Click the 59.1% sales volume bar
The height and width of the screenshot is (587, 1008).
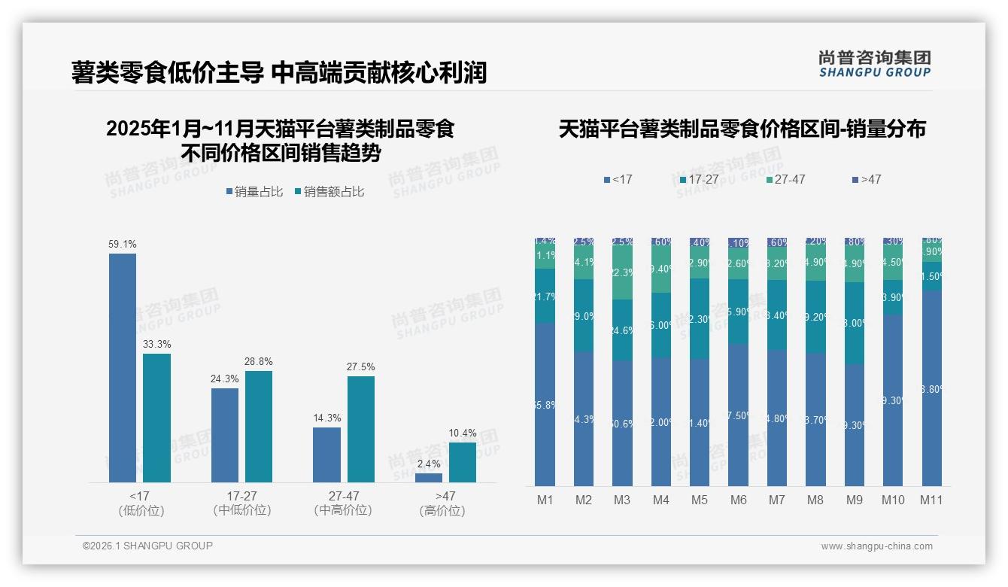[x=123, y=367]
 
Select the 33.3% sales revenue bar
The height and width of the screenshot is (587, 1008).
[x=156, y=418]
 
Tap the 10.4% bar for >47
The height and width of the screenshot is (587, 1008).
[x=462, y=462]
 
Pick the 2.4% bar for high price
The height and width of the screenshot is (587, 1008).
[x=429, y=477]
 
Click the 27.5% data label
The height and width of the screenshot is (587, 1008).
[x=361, y=367]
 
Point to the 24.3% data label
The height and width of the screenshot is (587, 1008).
[x=224, y=379]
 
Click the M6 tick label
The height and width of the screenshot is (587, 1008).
[x=738, y=500]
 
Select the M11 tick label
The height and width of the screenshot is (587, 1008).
[x=931, y=500]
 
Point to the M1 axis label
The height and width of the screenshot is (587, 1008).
[x=545, y=500]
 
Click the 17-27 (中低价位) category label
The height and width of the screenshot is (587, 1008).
[x=241, y=503]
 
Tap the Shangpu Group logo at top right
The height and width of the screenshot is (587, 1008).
[x=874, y=64]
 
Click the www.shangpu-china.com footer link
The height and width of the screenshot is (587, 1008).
[x=876, y=546]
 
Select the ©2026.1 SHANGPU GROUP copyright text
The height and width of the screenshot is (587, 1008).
[x=147, y=546]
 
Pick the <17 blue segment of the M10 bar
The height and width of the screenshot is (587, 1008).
[x=893, y=399]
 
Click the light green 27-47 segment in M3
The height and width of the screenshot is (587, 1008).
[x=622, y=273]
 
